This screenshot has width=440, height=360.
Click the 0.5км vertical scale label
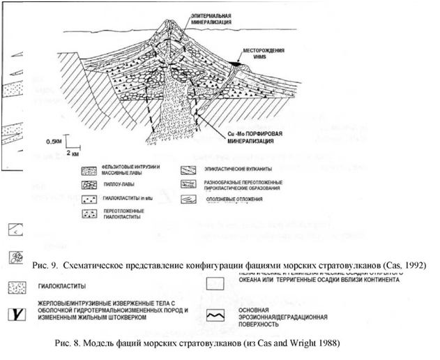click(x=54, y=141)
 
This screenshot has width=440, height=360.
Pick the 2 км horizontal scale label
click(x=73, y=151)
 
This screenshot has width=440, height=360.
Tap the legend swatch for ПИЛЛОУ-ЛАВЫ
click(x=91, y=185)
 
